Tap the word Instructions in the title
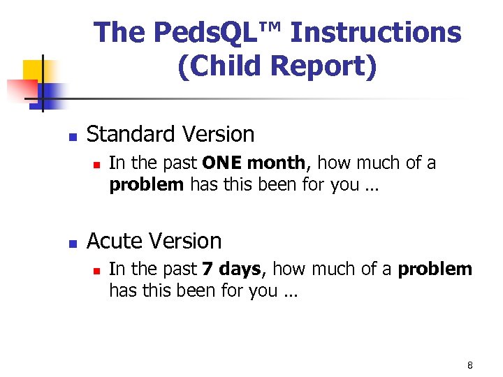tap(376, 33)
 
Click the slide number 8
tap(470, 366)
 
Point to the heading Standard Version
tap(170, 133)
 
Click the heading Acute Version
tap(154, 241)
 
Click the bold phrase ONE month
tap(254, 163)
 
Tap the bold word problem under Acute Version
tap(435, 269)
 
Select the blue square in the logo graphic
tap(50, 93)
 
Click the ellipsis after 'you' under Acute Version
tap(290, 291)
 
